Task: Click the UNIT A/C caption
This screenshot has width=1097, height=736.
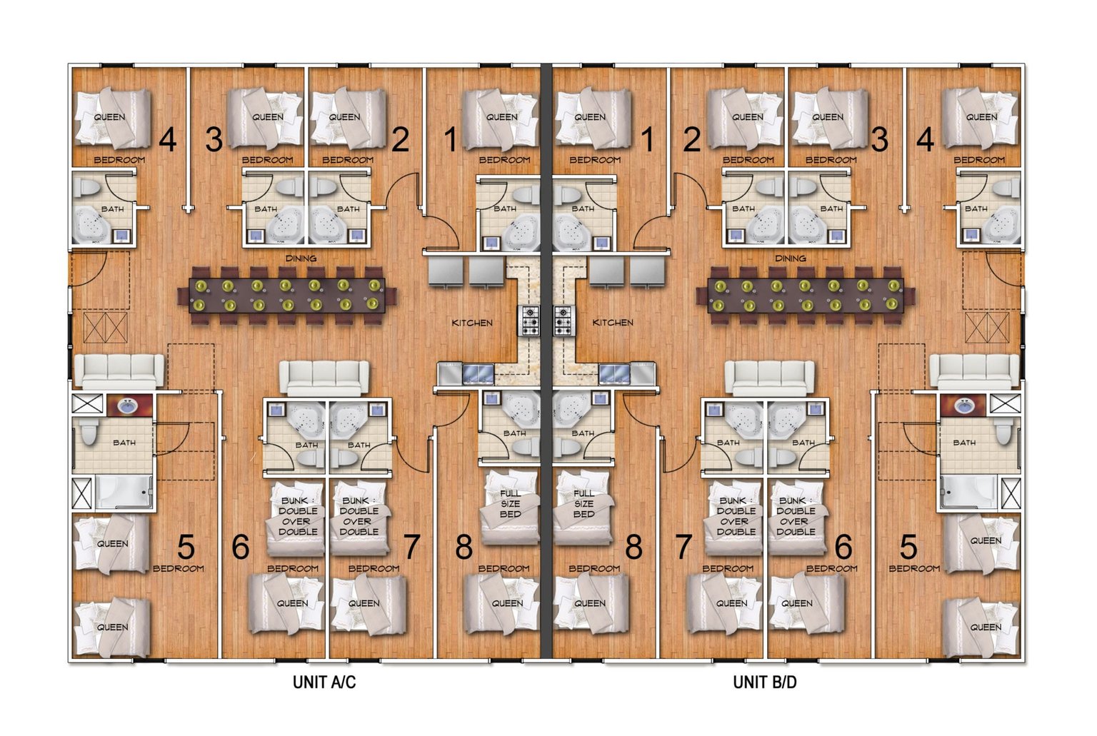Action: (x=324, y=682)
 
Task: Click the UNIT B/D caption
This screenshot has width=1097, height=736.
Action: (x=764, y=682)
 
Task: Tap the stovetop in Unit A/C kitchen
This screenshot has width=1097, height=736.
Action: (x=529, y=321)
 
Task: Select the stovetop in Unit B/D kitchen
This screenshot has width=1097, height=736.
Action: (x=563, y=321)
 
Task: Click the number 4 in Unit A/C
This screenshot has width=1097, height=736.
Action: (x=168, y=139)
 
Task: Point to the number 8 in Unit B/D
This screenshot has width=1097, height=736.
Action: (x=633, y=547)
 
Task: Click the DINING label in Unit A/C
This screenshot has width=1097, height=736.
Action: (x=301, y=258)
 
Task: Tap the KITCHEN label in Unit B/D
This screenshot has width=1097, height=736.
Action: (x=613, y=323)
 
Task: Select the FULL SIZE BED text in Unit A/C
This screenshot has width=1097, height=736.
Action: (x=511, y=503)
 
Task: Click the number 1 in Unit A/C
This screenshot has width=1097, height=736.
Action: (x=451, y=139)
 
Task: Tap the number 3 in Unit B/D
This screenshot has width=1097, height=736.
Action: (x=880, y=139)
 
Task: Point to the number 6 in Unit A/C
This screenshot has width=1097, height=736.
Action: (x=241, y=547)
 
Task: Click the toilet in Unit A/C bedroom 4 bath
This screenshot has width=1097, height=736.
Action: (x=89, y=186)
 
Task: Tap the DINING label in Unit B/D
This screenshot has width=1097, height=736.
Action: (x=791, y=258)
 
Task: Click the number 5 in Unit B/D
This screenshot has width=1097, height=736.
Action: (x=908, y=547)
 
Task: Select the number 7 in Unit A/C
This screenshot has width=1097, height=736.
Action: (x=411, y=547)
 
